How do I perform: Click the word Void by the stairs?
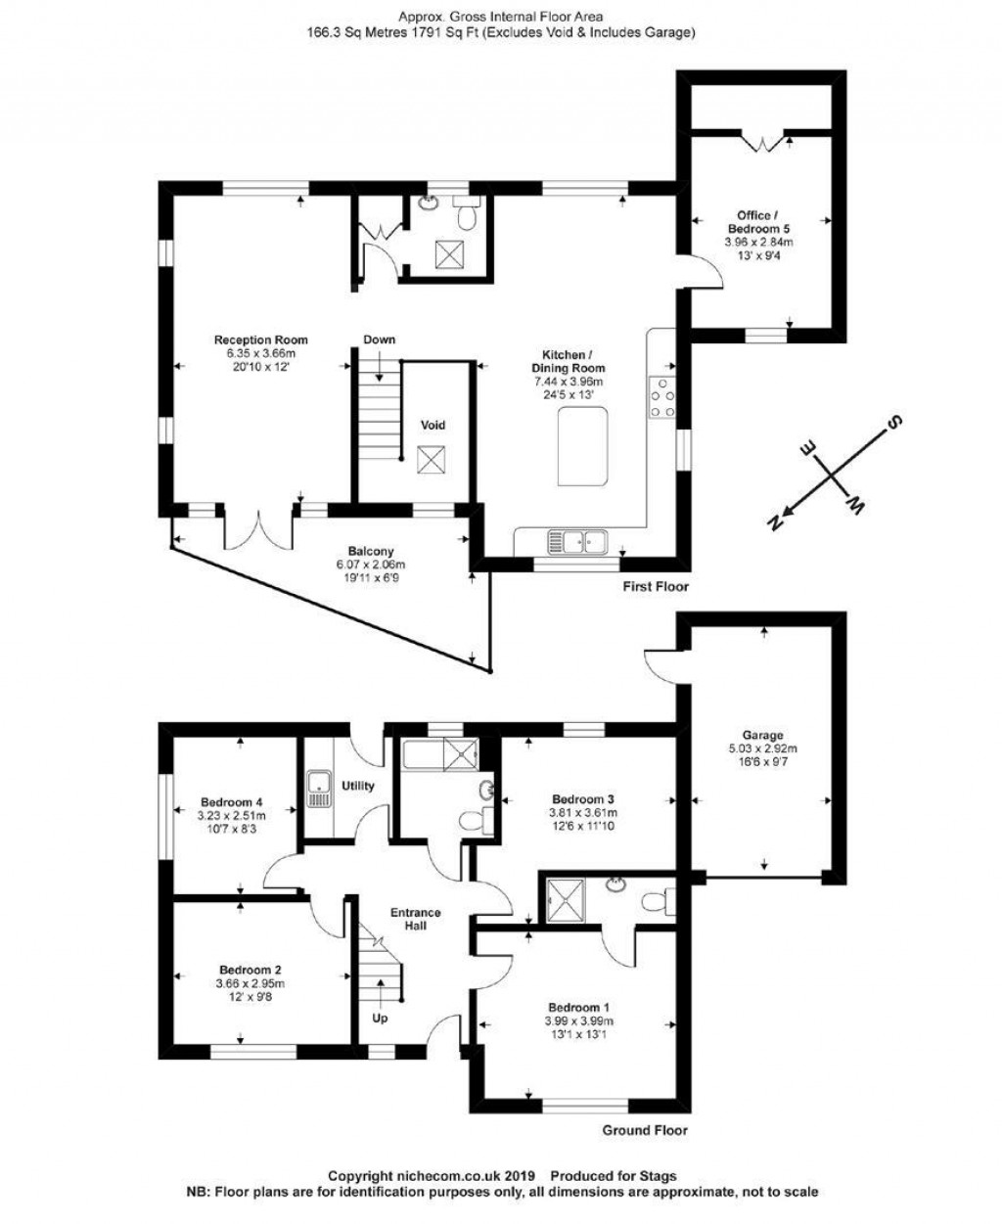(x=433, y=425)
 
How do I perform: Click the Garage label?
(x=762, y=735)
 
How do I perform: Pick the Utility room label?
(x=357, y=786)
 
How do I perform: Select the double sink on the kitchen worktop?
(x=578, y=539)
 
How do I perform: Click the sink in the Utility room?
(x=317, y=790)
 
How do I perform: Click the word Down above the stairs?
(x=379, y=340)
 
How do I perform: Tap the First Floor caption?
(x=656, y=587)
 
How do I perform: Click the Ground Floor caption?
(x=645, y=1130)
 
